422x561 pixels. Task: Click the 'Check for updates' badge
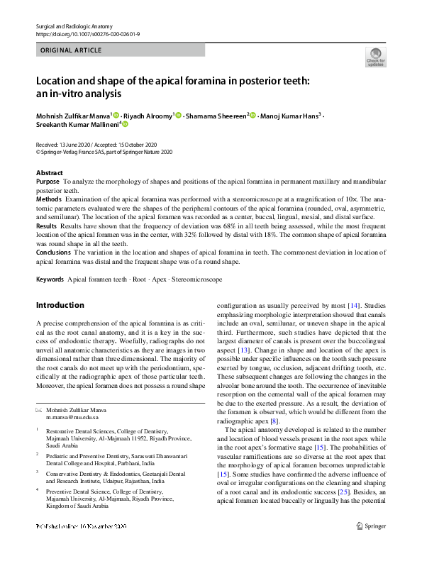click(x=375, y=57)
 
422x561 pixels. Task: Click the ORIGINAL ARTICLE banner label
click(x=72, y=50)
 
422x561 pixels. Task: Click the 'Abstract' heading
click(x=50, y=173)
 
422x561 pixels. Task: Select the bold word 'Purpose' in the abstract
click(x=48, y=182)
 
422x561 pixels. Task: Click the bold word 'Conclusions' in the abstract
click(x=53, y=252)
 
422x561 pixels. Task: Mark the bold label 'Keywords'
click(x=50, y=279)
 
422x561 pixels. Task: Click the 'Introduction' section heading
click(x=60, y=306)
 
